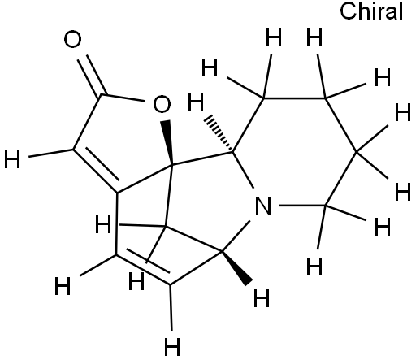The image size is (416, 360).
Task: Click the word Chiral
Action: click(371, 11)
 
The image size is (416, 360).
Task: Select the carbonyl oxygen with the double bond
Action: click(72, 39)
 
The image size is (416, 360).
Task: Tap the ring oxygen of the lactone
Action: click(162, 104)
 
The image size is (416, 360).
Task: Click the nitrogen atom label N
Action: click(263, 206)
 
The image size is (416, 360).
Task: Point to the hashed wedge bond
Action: click(219, 134)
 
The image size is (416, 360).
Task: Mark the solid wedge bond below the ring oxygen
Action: click(168, 142)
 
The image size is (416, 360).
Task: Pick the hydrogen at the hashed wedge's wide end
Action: click(196, 102)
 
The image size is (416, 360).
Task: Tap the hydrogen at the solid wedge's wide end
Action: click(262, 298)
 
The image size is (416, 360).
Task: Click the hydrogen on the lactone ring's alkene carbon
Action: click(12, 159)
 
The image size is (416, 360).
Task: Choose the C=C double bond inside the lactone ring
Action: click(95, 171)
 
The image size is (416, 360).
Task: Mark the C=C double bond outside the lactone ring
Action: click(143, 270)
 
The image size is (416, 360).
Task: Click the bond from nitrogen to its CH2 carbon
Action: click(302, 206)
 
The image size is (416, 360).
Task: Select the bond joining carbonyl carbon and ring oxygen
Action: click(123, 98)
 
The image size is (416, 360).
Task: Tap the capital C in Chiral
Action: click(348, 11)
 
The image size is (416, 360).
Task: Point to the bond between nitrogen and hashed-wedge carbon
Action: click(243, 170)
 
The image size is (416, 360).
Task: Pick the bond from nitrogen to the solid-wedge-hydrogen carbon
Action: click(236, 236)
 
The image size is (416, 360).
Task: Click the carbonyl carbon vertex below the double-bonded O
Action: click(102, 95)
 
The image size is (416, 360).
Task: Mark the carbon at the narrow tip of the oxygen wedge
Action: click(171, 165)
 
